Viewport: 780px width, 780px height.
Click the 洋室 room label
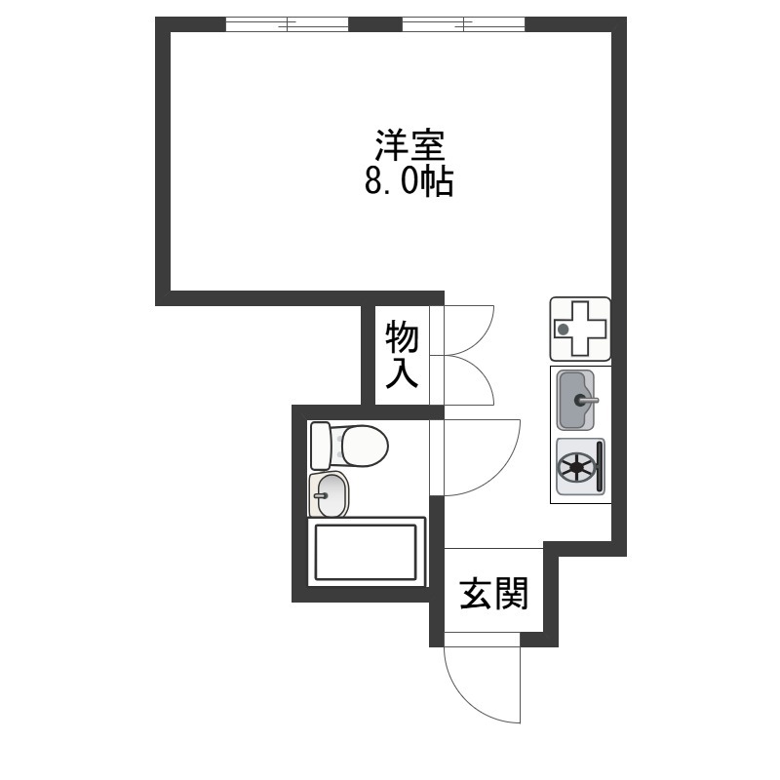click(x=409, y=145)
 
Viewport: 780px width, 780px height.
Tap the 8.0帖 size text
click(x=409, y=181)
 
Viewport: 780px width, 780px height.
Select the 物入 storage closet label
click(x=402, y=355)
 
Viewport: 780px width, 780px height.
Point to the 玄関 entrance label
click(x=493, y=594)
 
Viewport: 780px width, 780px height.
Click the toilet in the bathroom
click(x=349, y=446)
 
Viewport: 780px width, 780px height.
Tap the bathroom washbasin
click(x=329, y=494)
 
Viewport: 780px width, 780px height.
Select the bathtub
click(x=367, y=552)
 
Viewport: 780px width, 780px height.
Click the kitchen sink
click(x=575, y=400)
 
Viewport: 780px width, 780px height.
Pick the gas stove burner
click(x=576, y=467)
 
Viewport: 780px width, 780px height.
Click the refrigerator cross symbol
click(x=580, y=329)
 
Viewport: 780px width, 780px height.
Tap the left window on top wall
click(x=287, y=23)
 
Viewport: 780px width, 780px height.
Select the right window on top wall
click(x=463, y=23)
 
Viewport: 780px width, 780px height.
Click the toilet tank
click(x=321, y=446)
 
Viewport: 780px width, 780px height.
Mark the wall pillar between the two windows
click(x=375, y=23)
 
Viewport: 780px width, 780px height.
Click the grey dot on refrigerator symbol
click(x=564, y=329)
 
